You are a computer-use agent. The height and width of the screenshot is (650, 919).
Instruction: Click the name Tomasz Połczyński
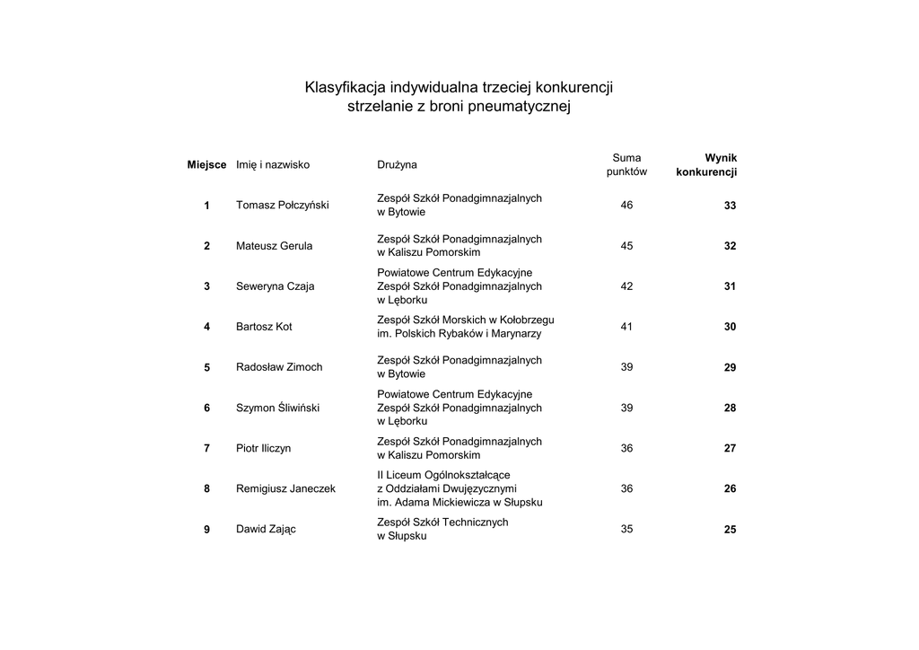click(x=282, y=206)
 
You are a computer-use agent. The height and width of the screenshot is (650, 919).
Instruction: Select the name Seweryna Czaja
click(x=275, y=286)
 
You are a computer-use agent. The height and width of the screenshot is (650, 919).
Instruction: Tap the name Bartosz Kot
click(x=264, y=327)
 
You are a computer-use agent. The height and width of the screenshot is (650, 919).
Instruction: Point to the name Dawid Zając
click(x=266, y=530)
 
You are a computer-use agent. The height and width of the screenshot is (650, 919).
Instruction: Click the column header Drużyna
click(x=397, y=165)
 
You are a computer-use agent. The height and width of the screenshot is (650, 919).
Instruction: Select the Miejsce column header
click(x=206, y=165)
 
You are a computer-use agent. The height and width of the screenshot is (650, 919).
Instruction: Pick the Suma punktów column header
click(x=626, y=164)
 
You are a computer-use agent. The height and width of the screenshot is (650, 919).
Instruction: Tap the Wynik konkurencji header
click(x=707, y=164)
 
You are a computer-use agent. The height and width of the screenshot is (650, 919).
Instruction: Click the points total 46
click(x=626, y=206)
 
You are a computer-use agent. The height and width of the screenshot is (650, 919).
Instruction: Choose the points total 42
click(x=626, y=286)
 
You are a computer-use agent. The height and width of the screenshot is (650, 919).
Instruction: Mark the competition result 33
click(x=730, y=206)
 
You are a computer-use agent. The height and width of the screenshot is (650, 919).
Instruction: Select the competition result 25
click(x=730, y=530)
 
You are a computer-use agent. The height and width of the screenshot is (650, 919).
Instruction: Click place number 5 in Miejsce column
click(x=206, y=367)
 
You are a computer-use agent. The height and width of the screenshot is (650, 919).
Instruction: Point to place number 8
click(x=206, y=489)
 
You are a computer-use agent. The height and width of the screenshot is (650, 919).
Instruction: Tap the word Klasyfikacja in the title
click(x=345, y=88)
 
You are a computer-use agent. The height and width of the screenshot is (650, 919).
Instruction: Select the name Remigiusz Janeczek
click(x=285, y=489)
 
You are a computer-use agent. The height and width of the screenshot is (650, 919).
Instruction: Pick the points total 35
click(x=626, y=530)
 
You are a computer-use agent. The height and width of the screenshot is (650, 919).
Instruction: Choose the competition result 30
click(x=730, y=327)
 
